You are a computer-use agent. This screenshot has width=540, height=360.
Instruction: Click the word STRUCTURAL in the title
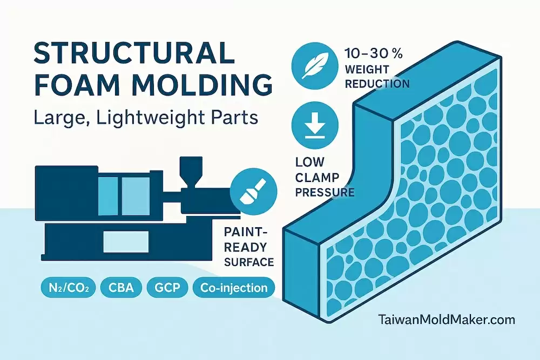coord(134,55)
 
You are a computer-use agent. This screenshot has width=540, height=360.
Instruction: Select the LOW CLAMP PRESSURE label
coord(325,176)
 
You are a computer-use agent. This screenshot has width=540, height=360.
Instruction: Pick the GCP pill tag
coord(167,288)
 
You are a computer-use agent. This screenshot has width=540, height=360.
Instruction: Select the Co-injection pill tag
coord(233,288)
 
